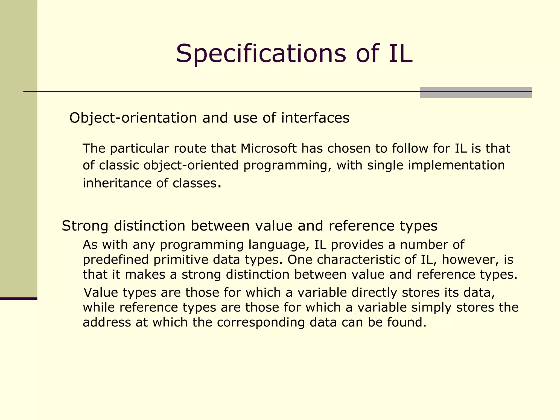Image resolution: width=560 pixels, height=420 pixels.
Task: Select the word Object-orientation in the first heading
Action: tap(133, 118)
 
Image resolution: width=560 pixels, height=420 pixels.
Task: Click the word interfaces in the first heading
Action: tap(315, 118)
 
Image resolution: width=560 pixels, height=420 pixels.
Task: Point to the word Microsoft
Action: tap(269, 148)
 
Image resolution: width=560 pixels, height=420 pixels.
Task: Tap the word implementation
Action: tap(456, 165)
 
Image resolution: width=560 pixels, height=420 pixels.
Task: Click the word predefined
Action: tap(116, 260)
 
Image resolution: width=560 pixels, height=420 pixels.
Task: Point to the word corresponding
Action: tap(261, 322)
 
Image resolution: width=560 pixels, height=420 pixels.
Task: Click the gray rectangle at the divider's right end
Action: tap(476, 92)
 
